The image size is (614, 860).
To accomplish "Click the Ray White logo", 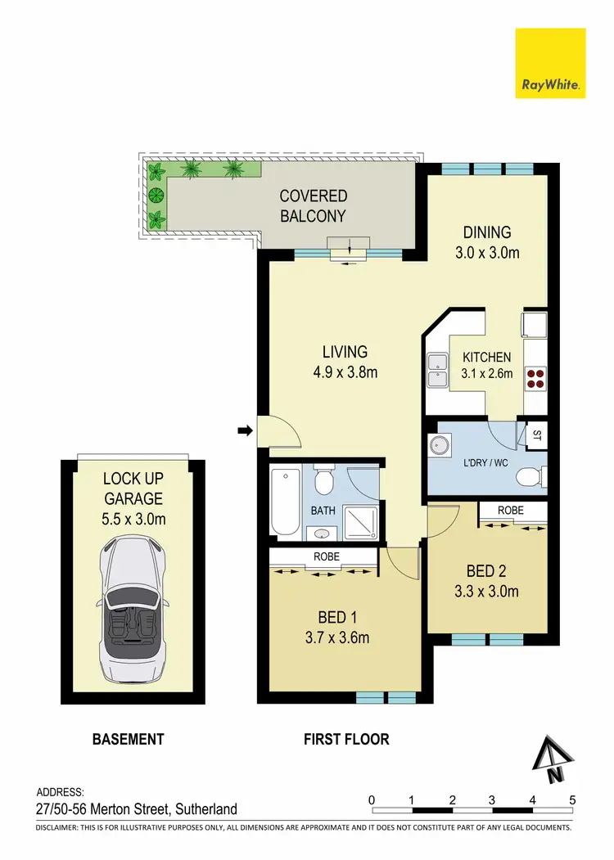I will point(550,63).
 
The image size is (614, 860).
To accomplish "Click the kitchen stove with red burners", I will point(535,378).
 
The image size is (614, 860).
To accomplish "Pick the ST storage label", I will point(537,435).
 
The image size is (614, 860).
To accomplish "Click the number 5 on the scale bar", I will point(572,799).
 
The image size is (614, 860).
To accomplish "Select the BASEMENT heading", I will point(128,739).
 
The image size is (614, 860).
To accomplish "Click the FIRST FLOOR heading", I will point(346,739).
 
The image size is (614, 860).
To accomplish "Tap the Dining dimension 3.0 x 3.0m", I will point(488,253).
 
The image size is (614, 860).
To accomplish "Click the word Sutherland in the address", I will point(204,809).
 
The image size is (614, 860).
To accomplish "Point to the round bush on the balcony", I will point(155,195).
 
